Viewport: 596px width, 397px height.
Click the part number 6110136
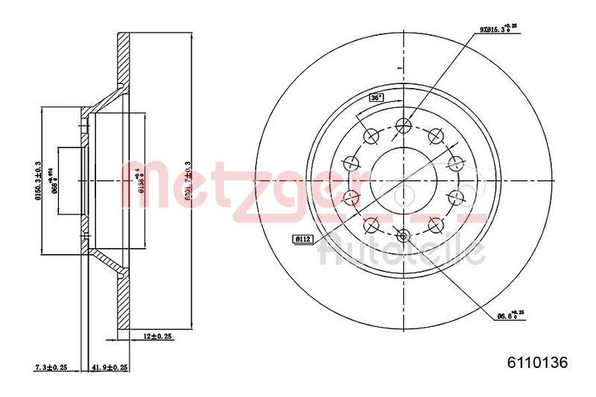coord(538,363)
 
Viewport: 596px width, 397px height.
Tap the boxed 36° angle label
coord(376,98)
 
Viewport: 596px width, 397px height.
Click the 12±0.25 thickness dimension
coord(158,335)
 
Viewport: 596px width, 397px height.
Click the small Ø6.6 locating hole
coord(404,236)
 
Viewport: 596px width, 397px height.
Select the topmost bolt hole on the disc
coord(404,124)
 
